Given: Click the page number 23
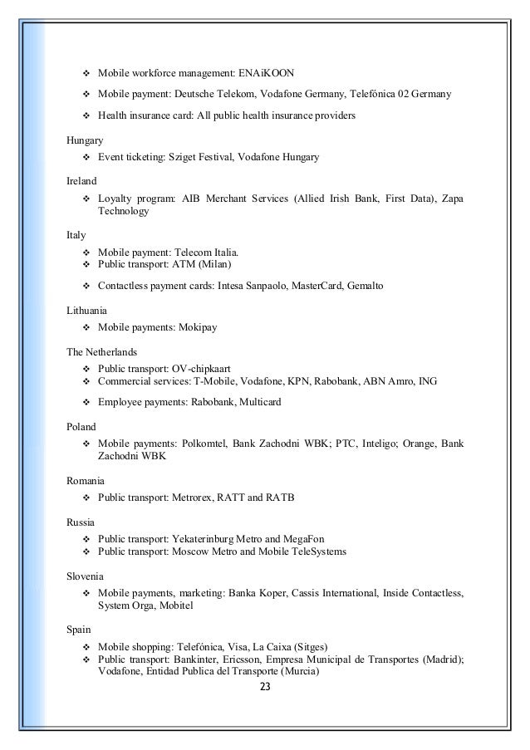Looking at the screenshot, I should pyautogui.click(x=265, y=688).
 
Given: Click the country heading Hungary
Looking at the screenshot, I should pyautogui.click(x=85, y=141).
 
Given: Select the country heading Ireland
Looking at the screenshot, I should pyautogui.click(x=81, y=180).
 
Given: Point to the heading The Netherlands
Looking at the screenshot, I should pyautogui.click(x=101, y=352).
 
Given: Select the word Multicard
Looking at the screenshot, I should pyautogui.click(x=260, y=403).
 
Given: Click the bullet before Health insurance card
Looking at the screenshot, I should pyautogui.click(x=86, y=116).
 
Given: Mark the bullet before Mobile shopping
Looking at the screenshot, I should pyautogui.click(x=86, y=646).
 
